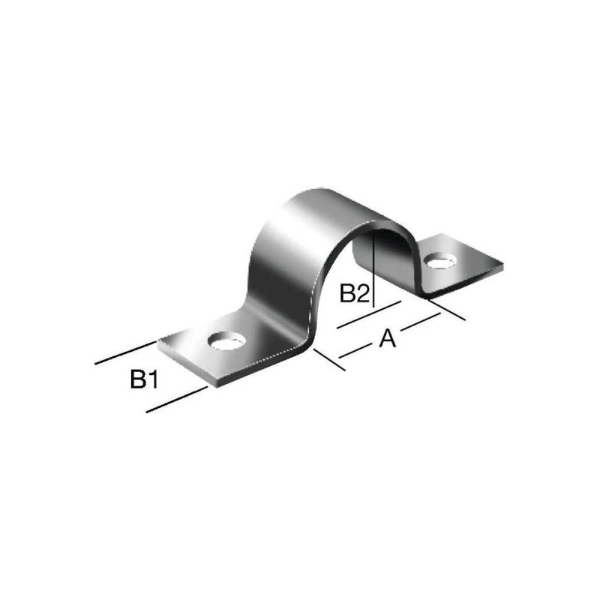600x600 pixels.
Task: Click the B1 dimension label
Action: click(143, 380)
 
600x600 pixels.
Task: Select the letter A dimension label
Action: click(387, 340)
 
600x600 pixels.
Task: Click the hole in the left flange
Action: click(226, 341)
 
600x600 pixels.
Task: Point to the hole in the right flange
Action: click(440, 261)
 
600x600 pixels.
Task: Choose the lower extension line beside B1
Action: click(176, 399)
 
